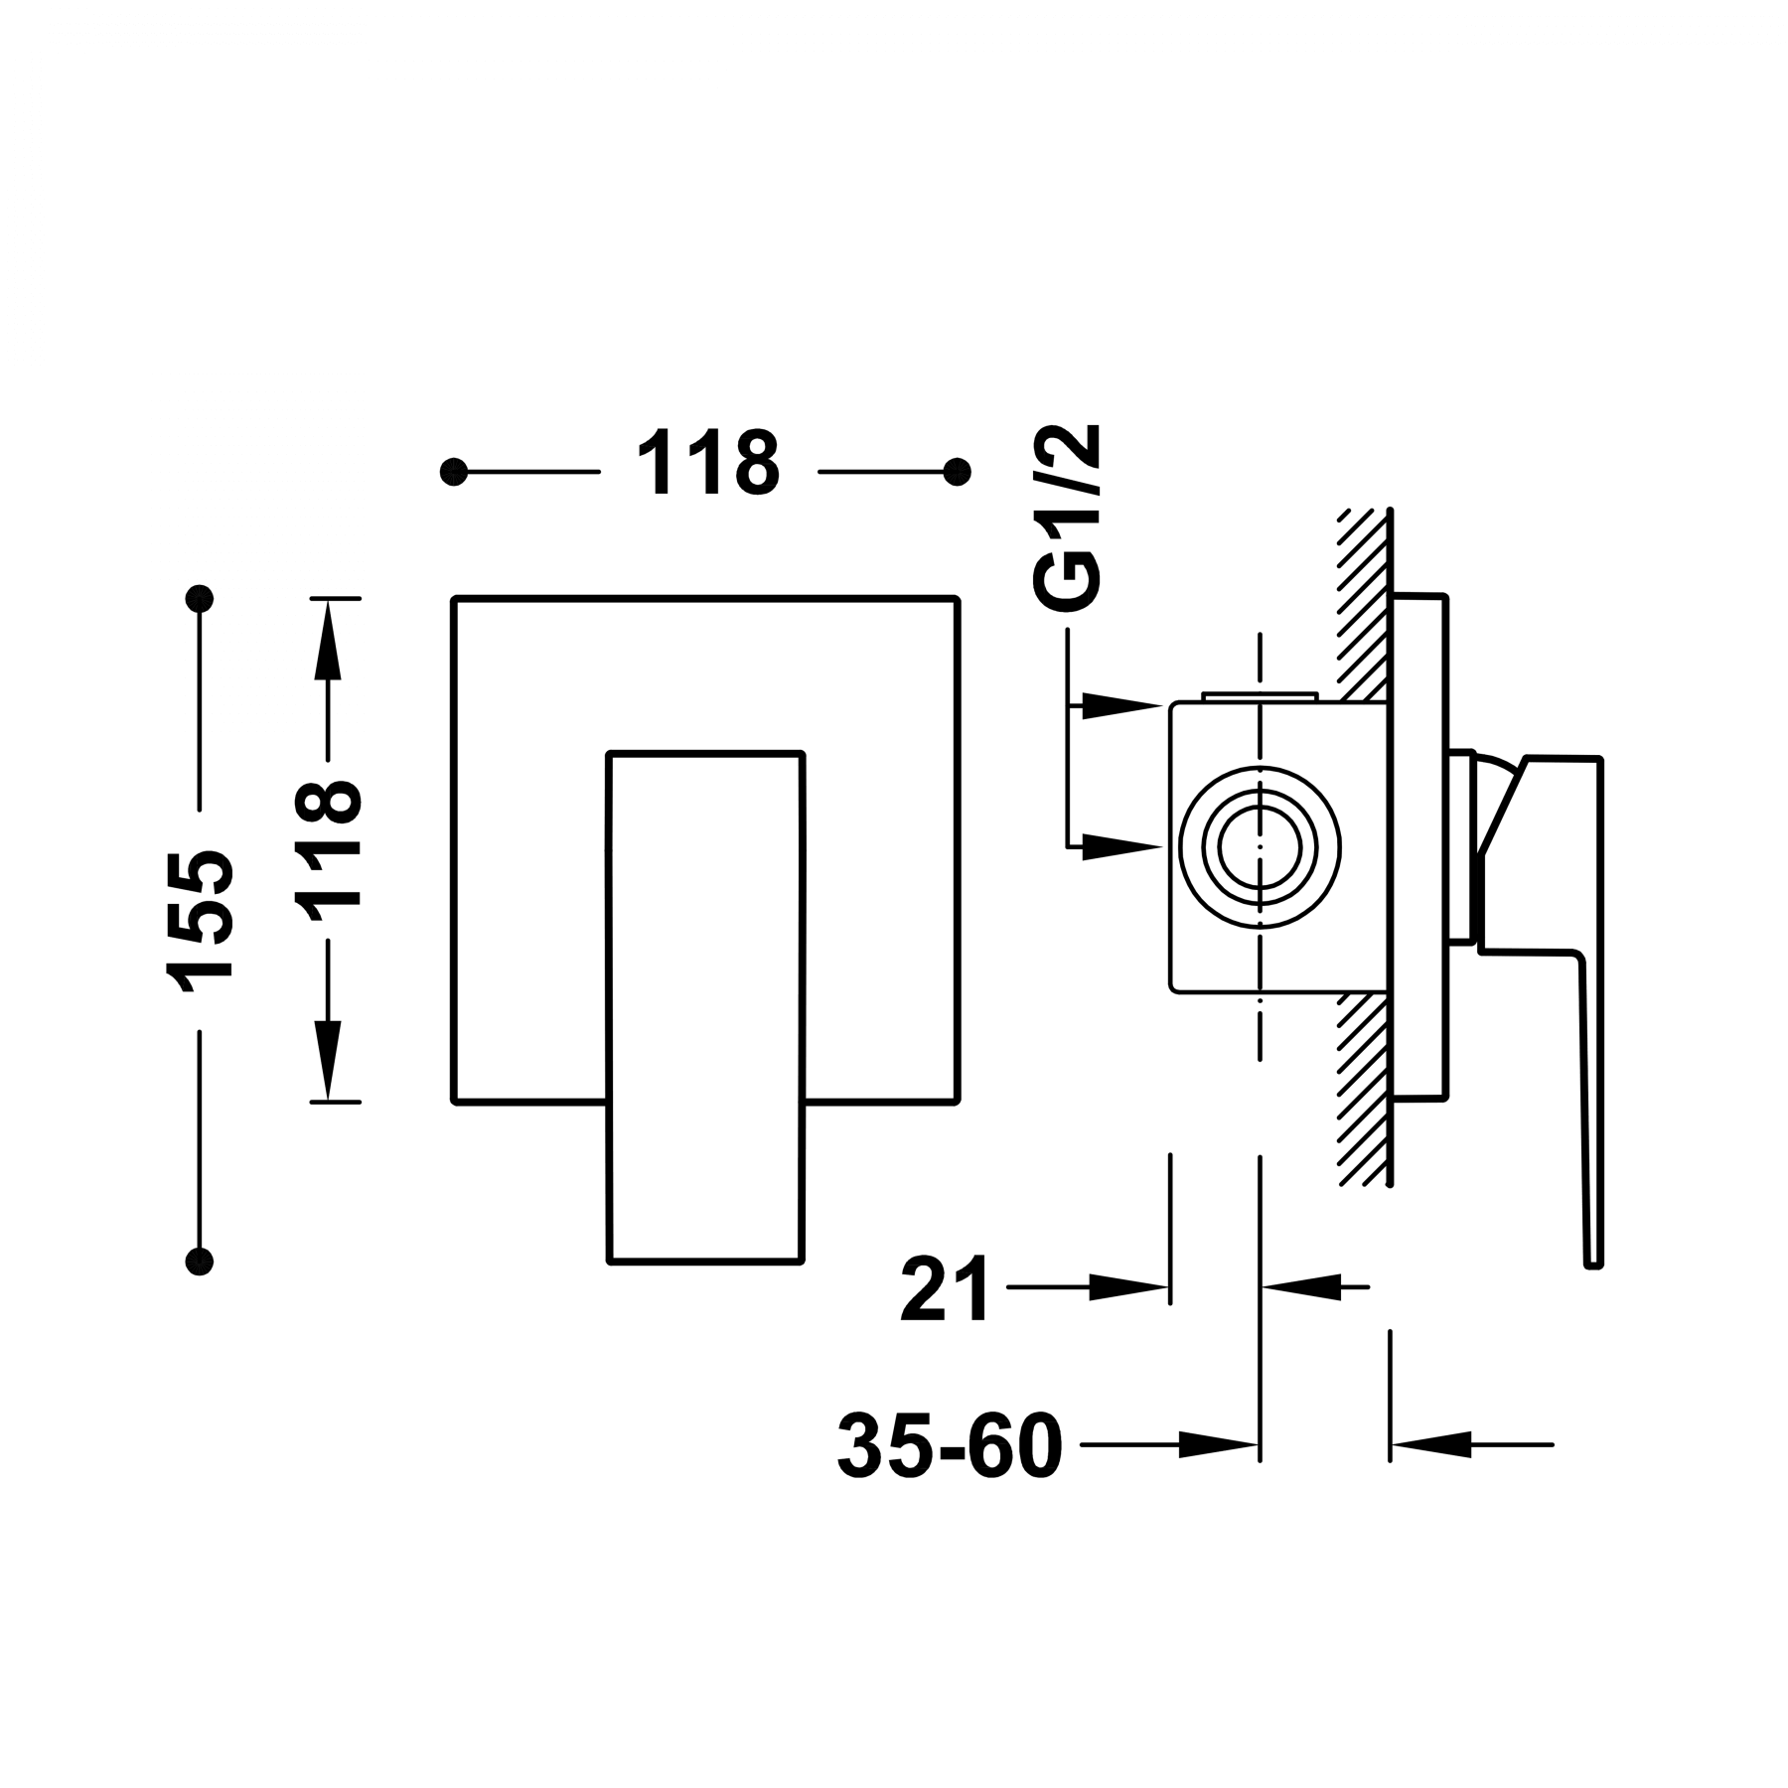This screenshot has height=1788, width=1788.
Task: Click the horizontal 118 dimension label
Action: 708,463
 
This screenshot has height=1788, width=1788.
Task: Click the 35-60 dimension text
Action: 950,1444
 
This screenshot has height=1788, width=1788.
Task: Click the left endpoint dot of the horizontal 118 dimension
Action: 454,472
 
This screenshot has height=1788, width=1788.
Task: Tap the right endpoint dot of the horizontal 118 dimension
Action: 958,472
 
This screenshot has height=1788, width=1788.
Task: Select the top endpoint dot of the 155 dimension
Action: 200,599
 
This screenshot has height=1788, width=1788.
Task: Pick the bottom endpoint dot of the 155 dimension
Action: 200,1261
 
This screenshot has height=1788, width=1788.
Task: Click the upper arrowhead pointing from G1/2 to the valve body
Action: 1127,704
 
